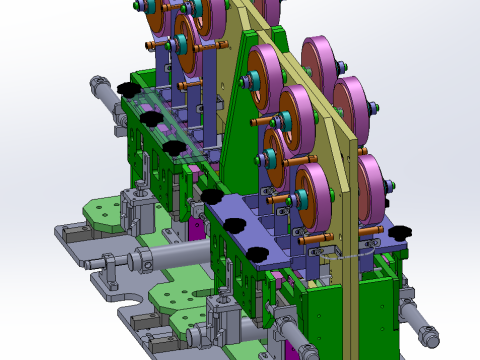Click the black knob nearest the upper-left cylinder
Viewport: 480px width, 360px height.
[x=127, y=90]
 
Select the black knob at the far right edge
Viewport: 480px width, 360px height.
[x=401, y=233]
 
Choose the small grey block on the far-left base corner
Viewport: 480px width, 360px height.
[x=69, y=234]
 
